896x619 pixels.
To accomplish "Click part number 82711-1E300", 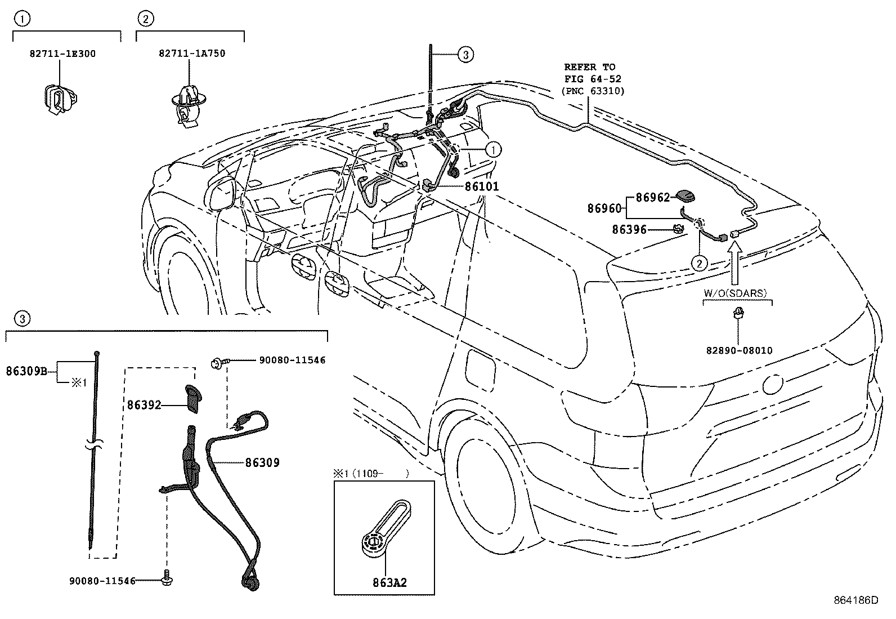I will tap(62, 54).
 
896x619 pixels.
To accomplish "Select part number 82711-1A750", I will tap(191, 54).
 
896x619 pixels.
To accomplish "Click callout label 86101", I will tap(481, 186).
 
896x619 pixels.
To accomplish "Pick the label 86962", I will tap(653, 198).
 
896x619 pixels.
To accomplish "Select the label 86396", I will tap(629, 230).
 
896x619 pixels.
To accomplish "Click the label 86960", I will tap(604, 208).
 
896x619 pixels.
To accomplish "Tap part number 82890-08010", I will tap(739, 350).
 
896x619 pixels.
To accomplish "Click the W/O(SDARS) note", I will tap(736, 293).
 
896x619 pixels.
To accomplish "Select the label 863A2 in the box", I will tap(388, 582).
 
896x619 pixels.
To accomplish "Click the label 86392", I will tap(144, 405).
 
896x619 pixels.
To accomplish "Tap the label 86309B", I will tap(26, 371).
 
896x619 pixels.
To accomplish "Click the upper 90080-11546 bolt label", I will tap(292, 360).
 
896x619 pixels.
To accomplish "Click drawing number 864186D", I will tap(855, 600).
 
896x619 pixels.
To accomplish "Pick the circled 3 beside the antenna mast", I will tap(465, 55).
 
